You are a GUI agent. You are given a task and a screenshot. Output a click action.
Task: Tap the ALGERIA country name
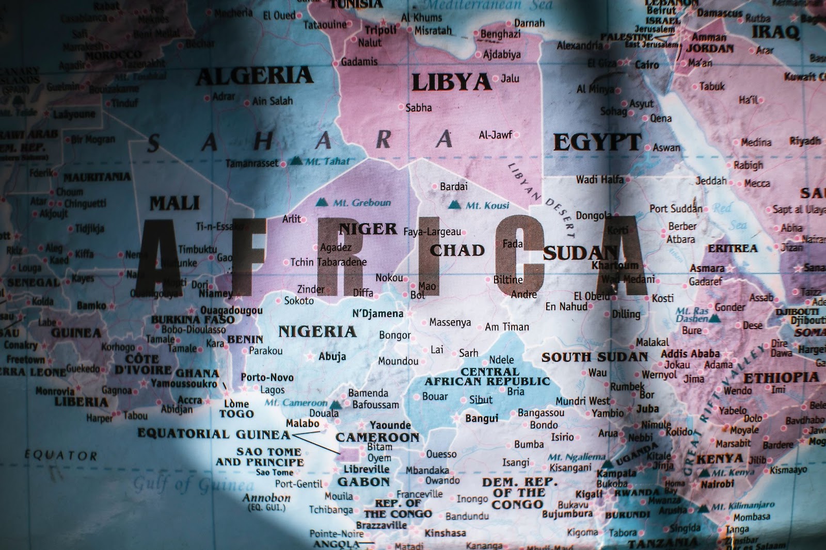tap(255, 76)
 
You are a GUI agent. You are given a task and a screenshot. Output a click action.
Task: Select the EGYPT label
tap(597, 142)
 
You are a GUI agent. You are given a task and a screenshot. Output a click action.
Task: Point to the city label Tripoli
tap(381, 30)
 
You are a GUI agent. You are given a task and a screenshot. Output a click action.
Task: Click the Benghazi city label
tap(500, 35)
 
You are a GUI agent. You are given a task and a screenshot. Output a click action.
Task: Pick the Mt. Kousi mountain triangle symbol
tap(454, 205)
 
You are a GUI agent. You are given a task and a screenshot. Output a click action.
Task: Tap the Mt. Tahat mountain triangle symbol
tap(295, 160)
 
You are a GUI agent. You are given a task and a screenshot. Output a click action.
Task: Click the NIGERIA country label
tap(317, 331)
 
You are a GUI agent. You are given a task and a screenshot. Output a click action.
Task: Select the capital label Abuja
tap(332, 356)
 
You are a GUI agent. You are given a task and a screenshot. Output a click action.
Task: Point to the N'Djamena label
tap(377, 314)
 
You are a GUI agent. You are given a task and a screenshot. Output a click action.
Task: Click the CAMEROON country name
tap(377, 438)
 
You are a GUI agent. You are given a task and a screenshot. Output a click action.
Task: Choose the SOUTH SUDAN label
tap(594, 357)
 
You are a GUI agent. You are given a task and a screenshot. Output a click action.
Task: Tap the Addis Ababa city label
tap(690, 353)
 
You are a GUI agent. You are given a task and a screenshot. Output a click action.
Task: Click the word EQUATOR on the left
tap(61, 455)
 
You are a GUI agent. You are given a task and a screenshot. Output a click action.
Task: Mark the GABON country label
tap(363, 481)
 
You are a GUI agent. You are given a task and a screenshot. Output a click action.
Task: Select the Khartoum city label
tap(615, 266)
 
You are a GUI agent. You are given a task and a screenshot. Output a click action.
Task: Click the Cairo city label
tap(646, 65)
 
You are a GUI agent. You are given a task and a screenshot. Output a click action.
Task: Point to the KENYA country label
tap(720, 459)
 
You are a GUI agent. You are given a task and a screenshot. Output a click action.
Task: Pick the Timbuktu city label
tap(197, 249)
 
